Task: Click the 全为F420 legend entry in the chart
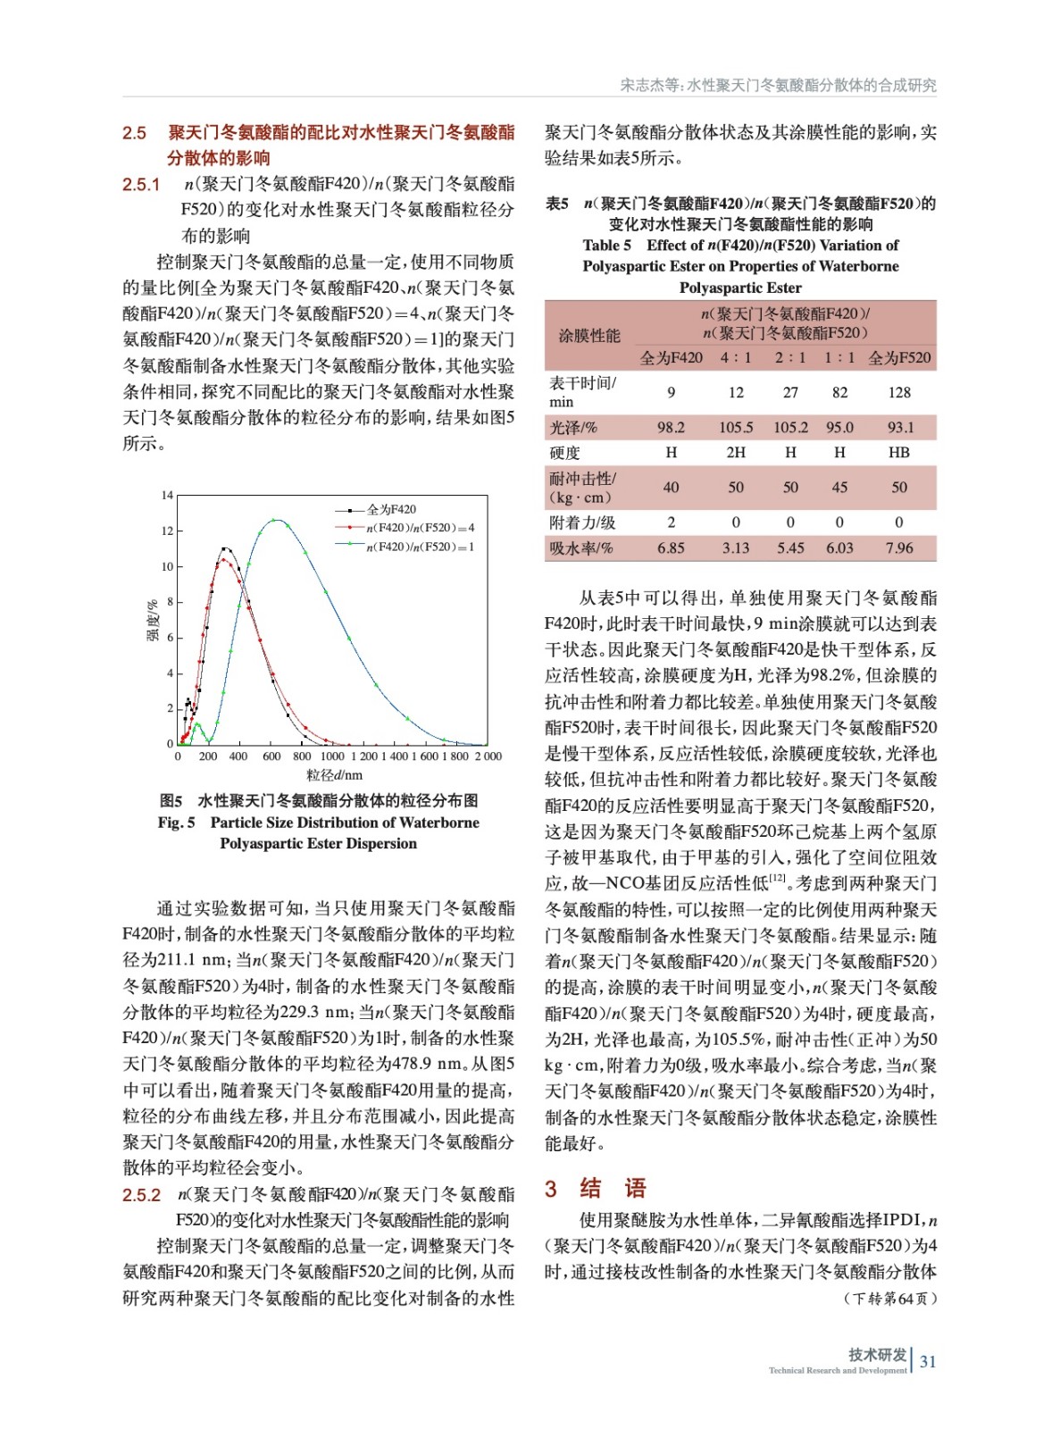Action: point(391,509)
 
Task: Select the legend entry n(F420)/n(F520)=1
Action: point(420,547)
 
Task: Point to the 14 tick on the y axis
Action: point(167,496)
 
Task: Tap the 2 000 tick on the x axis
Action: point(488,756)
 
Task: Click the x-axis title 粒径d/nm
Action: point(334,775)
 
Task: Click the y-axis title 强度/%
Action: point(153,620)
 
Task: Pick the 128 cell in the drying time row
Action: point(899,392)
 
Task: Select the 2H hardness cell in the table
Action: point(736,453)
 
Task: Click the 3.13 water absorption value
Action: point(736,548)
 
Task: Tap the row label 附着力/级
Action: point(582,522)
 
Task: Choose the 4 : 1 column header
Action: point(736,358)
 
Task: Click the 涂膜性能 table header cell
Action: point(589,336)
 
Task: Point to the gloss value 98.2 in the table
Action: point(671,428)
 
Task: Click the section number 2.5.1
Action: point(141,185)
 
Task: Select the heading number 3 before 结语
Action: point(551,1189)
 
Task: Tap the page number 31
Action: point(928,1362)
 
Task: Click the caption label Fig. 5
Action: point(176,823)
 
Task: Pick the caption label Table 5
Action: point(606,246)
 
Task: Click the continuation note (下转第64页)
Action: point(890,1299)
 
